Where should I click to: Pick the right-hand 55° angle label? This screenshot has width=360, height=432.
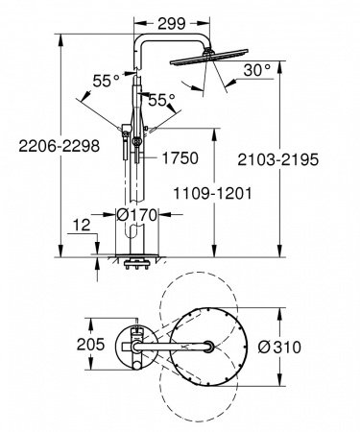coord(162,100)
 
